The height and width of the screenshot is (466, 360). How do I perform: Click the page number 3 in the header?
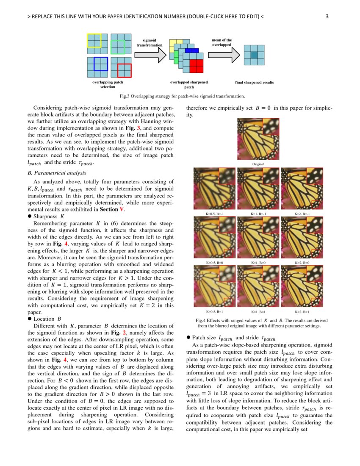327,17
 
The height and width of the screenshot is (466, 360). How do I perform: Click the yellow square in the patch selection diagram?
94,40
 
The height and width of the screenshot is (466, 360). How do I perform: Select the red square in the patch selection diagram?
125,70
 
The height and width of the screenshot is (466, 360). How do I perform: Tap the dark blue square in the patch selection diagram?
101,64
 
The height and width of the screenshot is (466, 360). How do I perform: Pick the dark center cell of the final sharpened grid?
254,55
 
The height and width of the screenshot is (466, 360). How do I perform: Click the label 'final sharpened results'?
254,83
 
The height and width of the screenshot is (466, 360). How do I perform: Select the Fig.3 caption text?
182,96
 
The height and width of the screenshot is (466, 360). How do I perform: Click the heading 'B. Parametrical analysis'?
56,173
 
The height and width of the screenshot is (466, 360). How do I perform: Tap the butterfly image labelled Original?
258,139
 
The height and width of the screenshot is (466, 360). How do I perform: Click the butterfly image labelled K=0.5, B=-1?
214,189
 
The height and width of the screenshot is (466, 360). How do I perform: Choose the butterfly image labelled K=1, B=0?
258,238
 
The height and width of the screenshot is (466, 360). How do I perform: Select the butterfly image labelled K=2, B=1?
302,286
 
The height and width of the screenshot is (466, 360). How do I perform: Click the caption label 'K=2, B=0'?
302,263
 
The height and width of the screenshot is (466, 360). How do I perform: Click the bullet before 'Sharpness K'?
29,216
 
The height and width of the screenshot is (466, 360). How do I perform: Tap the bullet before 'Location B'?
29,319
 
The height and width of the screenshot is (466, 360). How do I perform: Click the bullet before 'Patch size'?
188,338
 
